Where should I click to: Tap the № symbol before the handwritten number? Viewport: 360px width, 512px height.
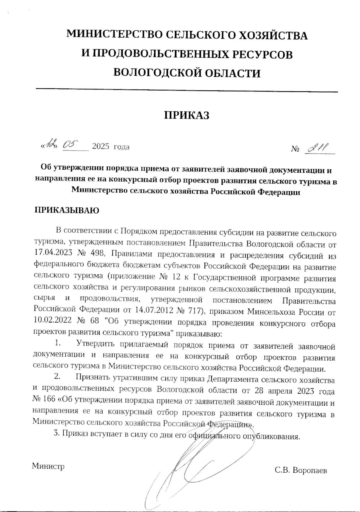click(295, 148)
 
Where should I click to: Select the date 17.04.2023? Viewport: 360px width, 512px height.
click(53, 253)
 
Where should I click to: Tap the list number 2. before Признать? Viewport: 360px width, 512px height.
click(57, 377)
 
